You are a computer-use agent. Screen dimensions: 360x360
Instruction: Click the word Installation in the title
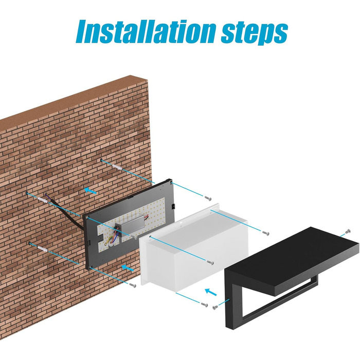(146, 31)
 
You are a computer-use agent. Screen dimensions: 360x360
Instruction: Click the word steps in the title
(255, 33)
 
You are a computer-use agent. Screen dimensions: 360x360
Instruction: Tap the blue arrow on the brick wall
(90, 191)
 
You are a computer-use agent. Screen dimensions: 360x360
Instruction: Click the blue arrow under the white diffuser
(211, 292)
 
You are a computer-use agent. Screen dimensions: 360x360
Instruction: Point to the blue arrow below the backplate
(128, 268)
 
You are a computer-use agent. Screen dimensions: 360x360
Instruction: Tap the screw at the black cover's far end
(348, 231)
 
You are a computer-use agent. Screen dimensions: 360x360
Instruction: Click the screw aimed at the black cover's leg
(215, 307)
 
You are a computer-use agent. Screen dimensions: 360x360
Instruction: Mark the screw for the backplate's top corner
(208, 199)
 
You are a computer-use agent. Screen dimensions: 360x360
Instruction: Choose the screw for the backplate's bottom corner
(133, 285)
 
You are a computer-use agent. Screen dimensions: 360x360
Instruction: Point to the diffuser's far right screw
(266, 233)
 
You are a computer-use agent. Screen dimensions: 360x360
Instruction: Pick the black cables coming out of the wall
(64, 211)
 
